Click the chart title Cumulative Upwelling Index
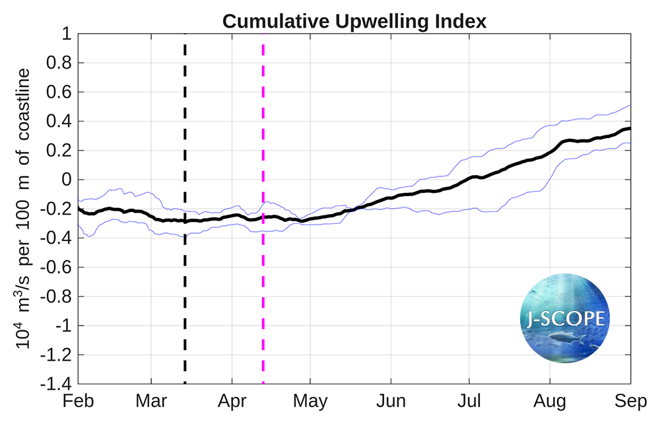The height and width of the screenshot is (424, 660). (354, 21)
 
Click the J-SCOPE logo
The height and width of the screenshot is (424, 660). (566, 318)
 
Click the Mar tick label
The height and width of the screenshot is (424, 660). (152, 401)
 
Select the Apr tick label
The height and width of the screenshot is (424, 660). (232, 401)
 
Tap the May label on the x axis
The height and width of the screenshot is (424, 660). (310, 401)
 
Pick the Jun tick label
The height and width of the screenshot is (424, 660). (391, 401)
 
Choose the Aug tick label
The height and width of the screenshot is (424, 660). (550, 401)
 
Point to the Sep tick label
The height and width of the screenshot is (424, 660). (630, 401)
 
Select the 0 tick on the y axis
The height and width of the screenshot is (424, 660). (65, 180)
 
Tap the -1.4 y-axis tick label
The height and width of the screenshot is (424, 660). (55, 384)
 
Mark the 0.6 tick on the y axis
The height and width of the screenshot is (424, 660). (58, 92)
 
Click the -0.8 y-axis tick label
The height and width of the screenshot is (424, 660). (55, 297)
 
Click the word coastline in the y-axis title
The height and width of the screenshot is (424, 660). (24, 104)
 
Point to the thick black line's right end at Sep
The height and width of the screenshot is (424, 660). (630, 129)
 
